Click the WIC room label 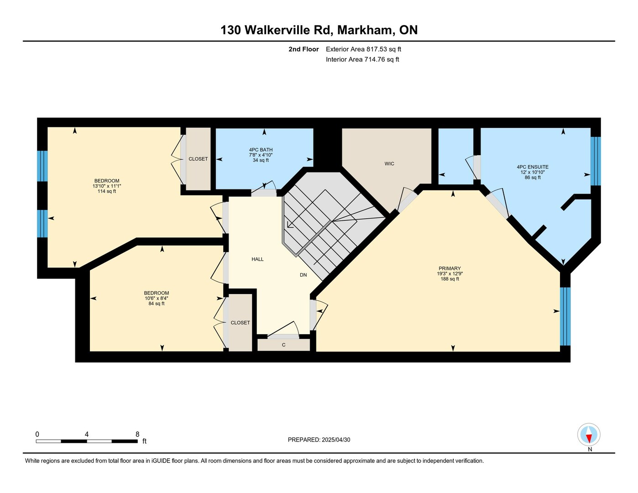click(x=389, y=163)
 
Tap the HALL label click(x=257, y=259)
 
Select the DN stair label click(x=303, y=275)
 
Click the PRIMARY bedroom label click(x=450, y=268)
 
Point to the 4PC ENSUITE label click(x=533, y=167)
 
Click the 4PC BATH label click(x=261, y=150)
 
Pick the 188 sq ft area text click(x=450, y=278)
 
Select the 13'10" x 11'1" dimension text click(x=107, y=186)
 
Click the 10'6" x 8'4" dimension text click(x=156, y=298)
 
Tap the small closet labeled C click(x=283, y=345)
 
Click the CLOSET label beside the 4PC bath click(x=198, y=159)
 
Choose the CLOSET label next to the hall click(x=240, y=323)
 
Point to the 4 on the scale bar click(x=87, y=434)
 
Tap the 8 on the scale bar click(x=137, y=434)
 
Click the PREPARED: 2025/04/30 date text click(x=319, y=440)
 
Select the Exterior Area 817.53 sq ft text click(x=363, y=49)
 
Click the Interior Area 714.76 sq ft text click(x=362, y=59)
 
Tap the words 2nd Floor click(x=303, y=49)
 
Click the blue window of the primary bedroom click(x=565, y=316)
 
